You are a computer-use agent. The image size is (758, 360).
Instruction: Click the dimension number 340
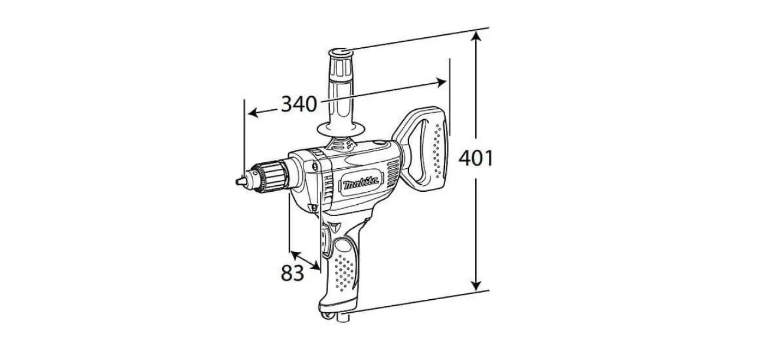point(299,104)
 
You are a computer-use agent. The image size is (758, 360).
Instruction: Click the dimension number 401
point(476,158)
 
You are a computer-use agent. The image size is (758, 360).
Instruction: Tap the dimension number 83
point(292,273)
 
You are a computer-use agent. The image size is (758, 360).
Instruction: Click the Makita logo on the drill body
point(361,184)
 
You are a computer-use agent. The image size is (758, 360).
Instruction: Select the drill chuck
point(267,177)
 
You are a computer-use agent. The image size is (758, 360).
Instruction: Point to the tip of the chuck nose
point(237,182)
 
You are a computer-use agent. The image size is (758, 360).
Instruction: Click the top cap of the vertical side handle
point(341,53)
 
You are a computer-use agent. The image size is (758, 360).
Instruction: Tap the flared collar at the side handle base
point(341,129)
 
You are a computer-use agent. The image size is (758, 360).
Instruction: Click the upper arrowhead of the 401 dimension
point(476,37)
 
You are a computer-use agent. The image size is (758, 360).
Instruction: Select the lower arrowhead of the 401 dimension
point(476,285)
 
